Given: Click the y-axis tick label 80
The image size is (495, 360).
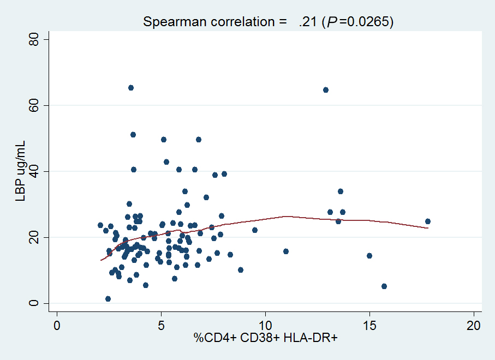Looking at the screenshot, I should pos(34,39).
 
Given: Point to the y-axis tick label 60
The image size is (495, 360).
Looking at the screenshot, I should pos(34,105).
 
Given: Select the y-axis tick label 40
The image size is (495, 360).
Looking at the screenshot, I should pos(34,171).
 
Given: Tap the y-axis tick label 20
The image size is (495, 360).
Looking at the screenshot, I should pos(34,237).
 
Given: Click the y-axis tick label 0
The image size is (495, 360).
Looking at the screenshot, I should pos(34,303).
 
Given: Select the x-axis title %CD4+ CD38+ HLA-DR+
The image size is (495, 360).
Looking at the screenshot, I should pos(266,339).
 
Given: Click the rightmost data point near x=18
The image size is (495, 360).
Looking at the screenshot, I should pos(428,221).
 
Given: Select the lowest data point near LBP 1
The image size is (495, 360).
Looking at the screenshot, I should pos(108,299).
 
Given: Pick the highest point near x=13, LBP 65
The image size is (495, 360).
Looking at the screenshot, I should pos(326,90).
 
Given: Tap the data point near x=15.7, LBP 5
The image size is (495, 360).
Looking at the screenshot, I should pos(384,286).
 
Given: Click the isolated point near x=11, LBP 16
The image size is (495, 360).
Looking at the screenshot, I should pos(286,251).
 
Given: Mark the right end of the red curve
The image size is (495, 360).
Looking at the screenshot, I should pos(428,228).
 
